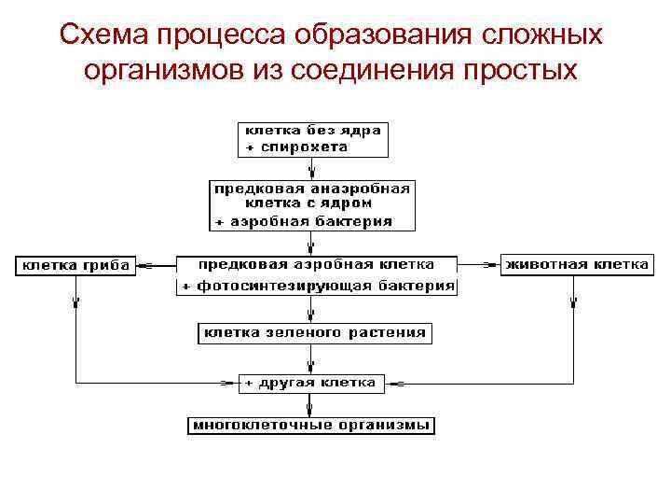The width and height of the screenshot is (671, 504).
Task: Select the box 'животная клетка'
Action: click(x=576, y=265)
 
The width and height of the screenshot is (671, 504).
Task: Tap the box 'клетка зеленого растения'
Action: click(x=315, y=332)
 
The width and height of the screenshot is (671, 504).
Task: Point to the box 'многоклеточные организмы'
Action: click(x=312, y=426)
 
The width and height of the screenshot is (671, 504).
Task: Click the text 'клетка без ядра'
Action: click(x=312, y=131)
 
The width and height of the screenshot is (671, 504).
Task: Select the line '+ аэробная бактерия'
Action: click(x=304, y=221)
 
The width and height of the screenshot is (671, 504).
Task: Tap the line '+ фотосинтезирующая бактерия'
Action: click(x=318, y=286)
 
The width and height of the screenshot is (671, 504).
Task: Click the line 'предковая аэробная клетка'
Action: click(x=317, y=264)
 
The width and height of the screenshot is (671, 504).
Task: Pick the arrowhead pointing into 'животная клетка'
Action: click(x=494, y=265)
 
